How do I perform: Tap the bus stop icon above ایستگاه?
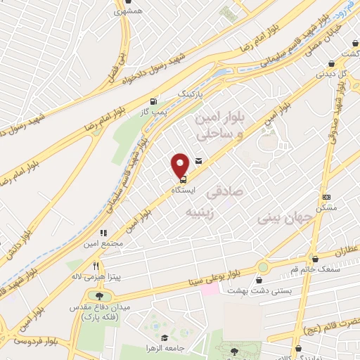coord(174,179)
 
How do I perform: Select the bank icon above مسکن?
coord(326,198)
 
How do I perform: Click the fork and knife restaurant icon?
coord(103,233)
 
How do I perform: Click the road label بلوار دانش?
coord(20,246)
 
